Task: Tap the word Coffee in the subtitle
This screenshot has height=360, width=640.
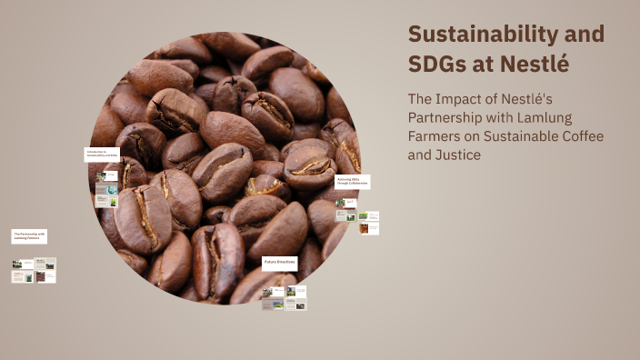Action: [581, 137]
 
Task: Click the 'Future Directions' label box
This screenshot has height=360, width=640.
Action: [280, 263]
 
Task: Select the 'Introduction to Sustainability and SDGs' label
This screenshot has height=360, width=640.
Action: [102, 154]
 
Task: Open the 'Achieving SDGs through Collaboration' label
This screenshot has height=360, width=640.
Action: [352, 182]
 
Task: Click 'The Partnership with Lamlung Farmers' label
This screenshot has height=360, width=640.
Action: [29, 236]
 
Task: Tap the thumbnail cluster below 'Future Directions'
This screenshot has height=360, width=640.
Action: [284, 298]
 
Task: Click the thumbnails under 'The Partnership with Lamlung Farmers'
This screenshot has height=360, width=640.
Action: [34, 270]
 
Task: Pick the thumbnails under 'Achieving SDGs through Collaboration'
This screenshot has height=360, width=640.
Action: [356, 222]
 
